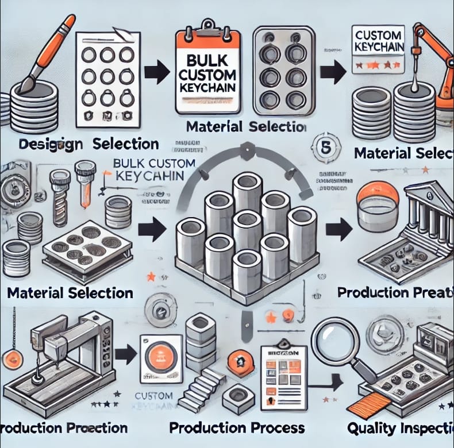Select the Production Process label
[x=236, y=428]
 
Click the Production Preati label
[x=395, y=291]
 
